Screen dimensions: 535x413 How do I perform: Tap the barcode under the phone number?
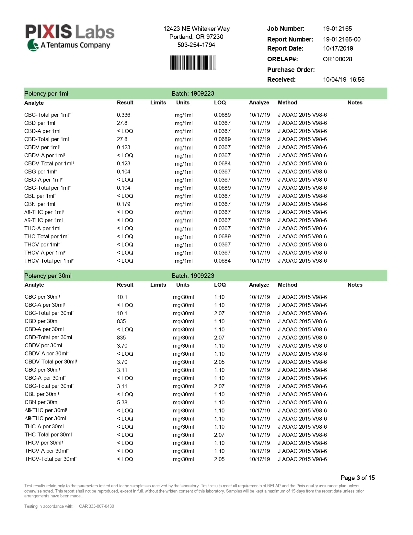click(193, 63)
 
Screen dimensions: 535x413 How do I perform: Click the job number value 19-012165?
click(337, 29)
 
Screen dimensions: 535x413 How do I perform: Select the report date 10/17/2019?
click(338, 49)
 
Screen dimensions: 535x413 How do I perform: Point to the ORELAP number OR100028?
click(337, 59)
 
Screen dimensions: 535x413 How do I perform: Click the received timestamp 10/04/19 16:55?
click(343, 80)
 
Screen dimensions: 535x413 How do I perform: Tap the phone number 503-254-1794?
click(196, 45)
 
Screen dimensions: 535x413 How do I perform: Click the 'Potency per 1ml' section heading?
click(46, 94)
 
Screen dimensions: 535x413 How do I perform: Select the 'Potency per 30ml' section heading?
click(48, 276)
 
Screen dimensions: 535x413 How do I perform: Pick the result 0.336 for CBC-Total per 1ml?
click(123, 115)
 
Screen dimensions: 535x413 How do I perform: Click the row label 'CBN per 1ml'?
click(40, 204)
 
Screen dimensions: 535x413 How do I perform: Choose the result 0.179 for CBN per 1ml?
click(123, 204)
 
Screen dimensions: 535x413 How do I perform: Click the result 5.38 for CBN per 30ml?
click(122, 402)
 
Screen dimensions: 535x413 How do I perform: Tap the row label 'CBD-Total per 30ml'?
click(48, 338)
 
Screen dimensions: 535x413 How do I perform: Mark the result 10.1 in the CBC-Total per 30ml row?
click(122, 313)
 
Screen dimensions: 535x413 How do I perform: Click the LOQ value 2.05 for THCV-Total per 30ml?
click(219, 459)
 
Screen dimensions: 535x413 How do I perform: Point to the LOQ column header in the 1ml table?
click(220, 103)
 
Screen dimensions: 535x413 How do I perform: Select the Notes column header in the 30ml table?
click(355, 285)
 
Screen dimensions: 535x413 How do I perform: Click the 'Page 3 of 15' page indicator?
click(358, 478)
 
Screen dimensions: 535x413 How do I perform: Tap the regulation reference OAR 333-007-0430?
click(97, 506)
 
